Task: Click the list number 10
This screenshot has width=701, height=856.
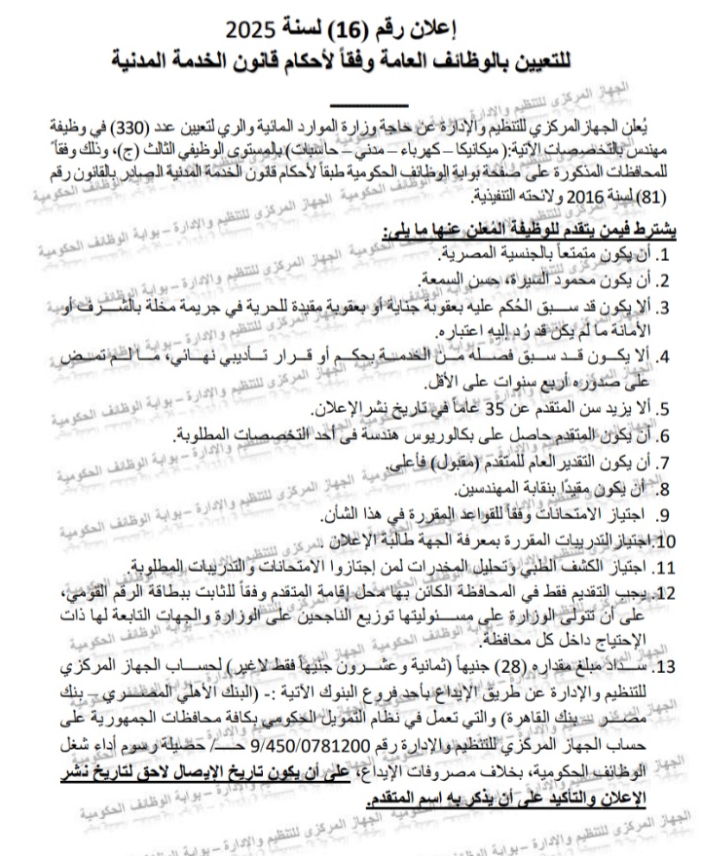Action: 667,540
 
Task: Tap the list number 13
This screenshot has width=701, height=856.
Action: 665,670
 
